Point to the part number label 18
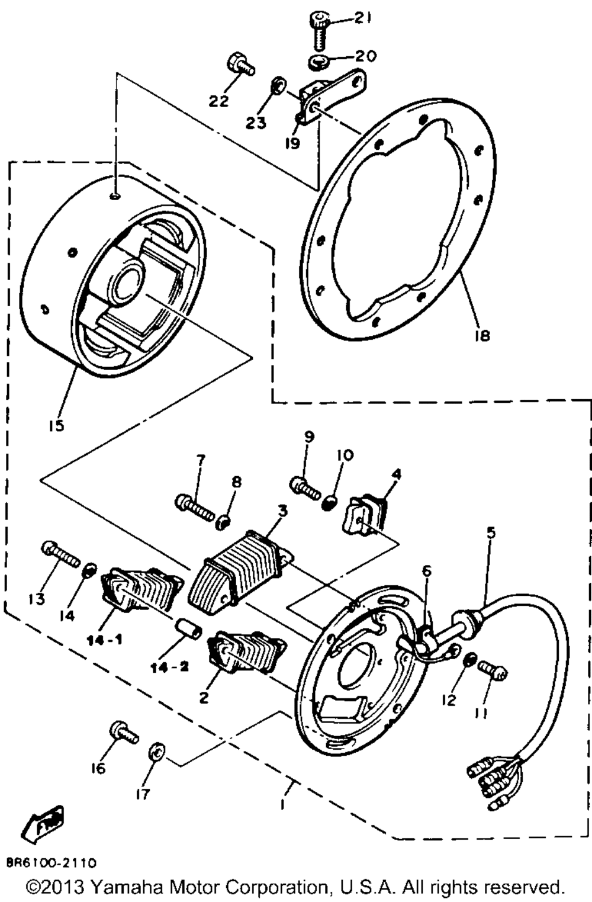pyautogui.click(x=482, y=335)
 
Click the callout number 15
pyautogui.click(x=57, y=425)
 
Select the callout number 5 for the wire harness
pyautogui.click(x=491, y=532)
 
